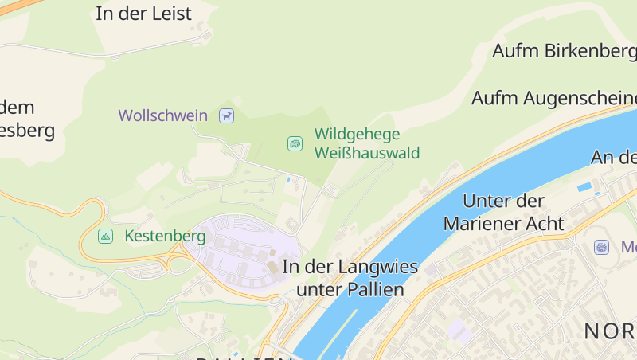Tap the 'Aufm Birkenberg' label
(564, 51)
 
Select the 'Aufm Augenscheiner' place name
(554, 98)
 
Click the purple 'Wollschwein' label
(163, 115)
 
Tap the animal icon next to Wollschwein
(227, 115)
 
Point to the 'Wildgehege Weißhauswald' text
(366, 143)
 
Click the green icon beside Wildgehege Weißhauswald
(295, 143)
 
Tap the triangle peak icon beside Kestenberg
(105, 237)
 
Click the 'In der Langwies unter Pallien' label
(350, 278)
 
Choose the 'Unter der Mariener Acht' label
(503, 212)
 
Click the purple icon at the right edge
(601, 247)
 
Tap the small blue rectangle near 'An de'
(584, 187)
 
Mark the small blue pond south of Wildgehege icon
(287, 180)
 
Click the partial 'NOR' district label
(610, 331)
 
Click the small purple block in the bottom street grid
(458, 328)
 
